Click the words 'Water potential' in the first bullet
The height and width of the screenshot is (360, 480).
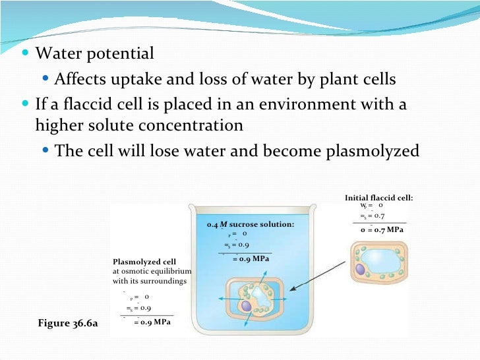[94, 53]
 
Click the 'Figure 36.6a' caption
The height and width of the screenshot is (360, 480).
[69, 324]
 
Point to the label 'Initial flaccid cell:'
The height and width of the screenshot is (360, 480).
[379, 198]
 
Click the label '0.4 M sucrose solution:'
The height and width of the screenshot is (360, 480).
[251, 225]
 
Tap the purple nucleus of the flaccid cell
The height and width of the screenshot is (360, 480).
[361, 269]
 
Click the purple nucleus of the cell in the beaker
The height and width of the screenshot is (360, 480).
[245, 306]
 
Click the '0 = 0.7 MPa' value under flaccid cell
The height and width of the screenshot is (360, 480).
[382, 229]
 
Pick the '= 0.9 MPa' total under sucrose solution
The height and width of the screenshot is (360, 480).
[251, 259]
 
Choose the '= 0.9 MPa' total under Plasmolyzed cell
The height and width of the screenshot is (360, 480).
[152, 322]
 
